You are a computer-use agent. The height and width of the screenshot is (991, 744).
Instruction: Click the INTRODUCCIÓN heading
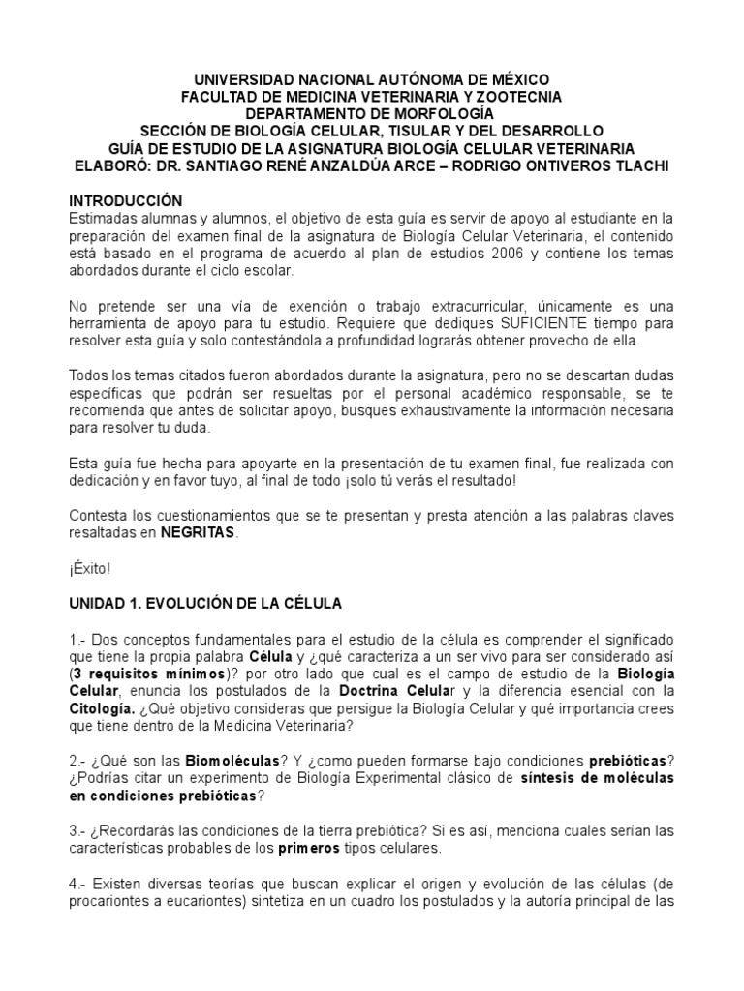pos(125,199)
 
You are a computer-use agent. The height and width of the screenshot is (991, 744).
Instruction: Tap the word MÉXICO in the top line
pos(516,78)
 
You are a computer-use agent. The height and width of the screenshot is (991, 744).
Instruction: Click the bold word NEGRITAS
pos(198,532)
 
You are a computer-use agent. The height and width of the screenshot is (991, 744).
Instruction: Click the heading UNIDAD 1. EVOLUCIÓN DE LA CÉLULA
pos(204,603)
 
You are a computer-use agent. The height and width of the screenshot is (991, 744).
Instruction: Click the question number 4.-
pos(77,883)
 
